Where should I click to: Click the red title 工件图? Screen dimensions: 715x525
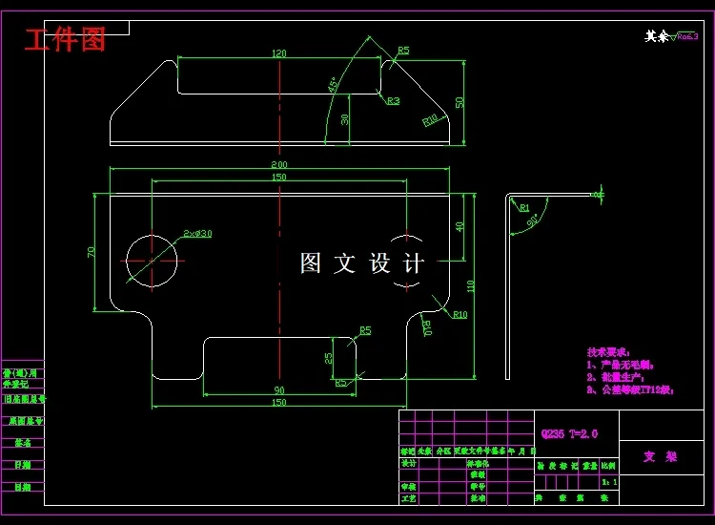click(65, 40)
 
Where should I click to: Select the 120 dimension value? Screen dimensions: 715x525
click(279, 53)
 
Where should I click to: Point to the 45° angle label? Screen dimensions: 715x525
click(333, 85)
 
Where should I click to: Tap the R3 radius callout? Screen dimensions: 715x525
click(393, 100)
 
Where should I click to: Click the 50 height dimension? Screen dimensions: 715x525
click(460, 102)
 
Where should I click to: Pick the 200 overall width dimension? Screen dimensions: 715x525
click(279, 165)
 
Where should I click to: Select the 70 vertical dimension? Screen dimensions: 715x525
click(92, 252)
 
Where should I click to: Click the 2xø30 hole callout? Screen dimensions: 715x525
click(197, 233)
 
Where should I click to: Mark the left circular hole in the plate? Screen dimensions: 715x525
click(152, 260)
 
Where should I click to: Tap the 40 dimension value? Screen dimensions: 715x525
click(460, 227)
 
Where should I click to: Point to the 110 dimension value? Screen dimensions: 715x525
click(471, 285)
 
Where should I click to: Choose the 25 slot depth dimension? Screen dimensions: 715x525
click(329, 358)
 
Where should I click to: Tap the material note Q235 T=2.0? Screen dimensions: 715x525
click(569, 434)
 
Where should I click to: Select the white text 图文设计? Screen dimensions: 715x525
click(362, 263)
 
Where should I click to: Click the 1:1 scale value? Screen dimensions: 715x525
click(609, 483)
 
